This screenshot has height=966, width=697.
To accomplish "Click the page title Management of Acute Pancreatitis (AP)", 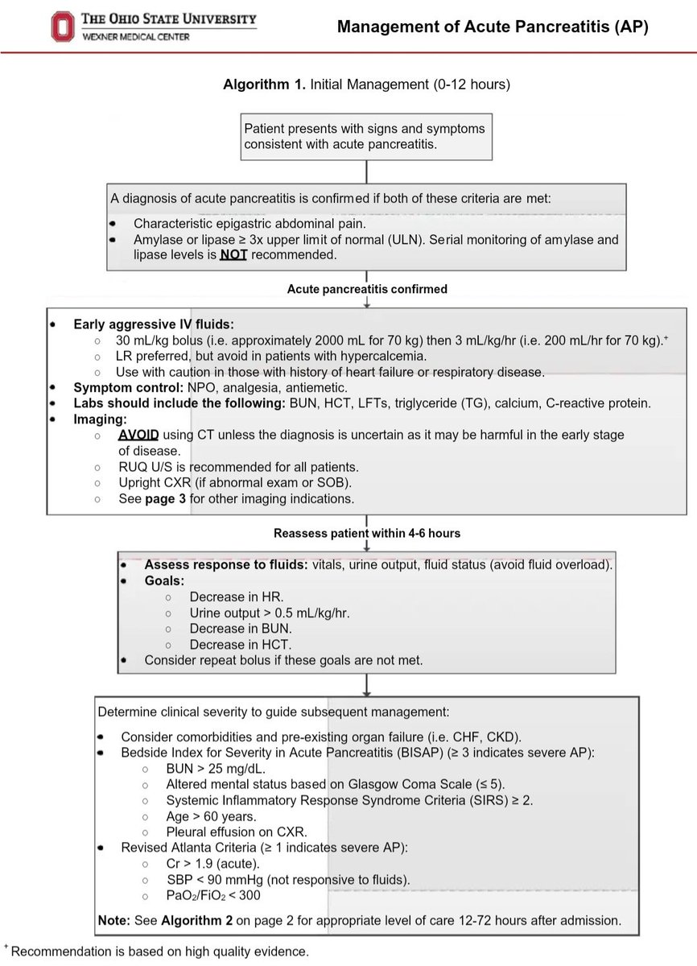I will (492, 27).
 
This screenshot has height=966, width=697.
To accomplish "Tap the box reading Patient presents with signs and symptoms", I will (367, 135).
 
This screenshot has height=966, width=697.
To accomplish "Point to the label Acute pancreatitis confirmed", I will (367, 289).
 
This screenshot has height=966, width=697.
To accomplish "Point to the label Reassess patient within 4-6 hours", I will (367, 533).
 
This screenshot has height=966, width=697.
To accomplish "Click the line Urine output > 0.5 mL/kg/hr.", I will (270, 613).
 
